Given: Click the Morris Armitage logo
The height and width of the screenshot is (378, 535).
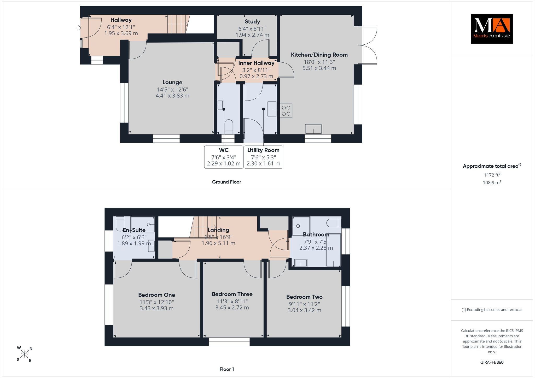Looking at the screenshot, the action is pyautogui.click(x=492, y=29).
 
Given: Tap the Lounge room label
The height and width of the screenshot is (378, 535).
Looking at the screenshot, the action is pyautogui.click(x=172, y=82).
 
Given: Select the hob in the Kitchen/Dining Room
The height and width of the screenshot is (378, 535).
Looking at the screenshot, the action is pyautogui.click(x=286, y=111).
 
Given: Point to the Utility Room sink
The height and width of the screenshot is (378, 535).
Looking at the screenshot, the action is pyautogui.click(x=272, y=109).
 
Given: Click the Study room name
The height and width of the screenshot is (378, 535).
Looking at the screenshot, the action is pyautogui.click(x=252, y=22).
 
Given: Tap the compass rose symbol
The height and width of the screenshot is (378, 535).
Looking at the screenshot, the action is pyautogui.click(x=25, y=354).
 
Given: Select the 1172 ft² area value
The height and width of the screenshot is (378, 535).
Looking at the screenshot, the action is pyautogui.click(x=492, y=175).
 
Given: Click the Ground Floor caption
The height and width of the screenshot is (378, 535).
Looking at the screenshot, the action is pyautogui.click(x=226, y=182).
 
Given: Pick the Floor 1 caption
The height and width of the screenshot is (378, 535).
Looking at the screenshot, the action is pyautogui.click(x=227, y=369).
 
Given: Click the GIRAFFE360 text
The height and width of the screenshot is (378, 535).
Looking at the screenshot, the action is pyautogui.click(x=492, y=362).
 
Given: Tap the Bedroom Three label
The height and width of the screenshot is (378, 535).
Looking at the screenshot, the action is pyautogui.click(x=232, y=294).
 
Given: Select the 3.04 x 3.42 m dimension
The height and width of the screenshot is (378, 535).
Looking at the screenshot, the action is pyautogui.click(x=304, y=310).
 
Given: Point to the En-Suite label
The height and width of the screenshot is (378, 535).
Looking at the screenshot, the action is pyautogui.click(x=134, y=230).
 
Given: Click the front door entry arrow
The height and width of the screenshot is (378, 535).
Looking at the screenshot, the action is pyautogui.click(x=79, y=28).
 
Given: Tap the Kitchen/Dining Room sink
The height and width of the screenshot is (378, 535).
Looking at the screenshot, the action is pyautogui.click(x=314, y=129).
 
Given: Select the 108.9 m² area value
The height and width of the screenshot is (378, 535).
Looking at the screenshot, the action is pyautogui.click(x=492, y=182).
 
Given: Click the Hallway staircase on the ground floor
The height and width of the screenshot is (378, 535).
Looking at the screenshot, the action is pyautogui.click(x=178, y=24).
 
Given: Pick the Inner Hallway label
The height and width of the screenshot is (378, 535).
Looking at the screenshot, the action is pyautogui.click(x=256, y=63).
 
